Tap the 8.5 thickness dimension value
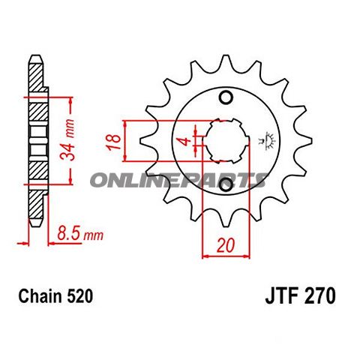coord(68,235)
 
